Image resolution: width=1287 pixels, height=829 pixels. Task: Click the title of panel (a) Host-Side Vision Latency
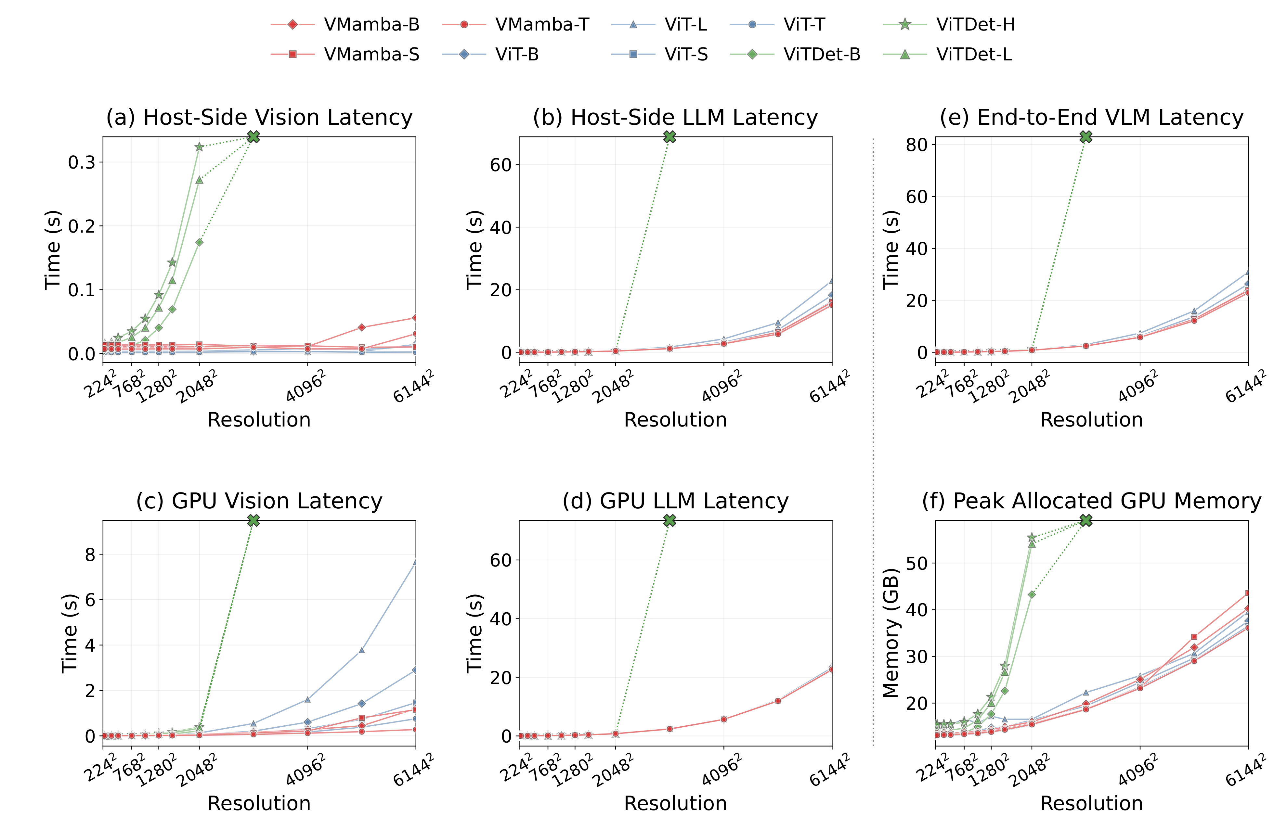point(259,117)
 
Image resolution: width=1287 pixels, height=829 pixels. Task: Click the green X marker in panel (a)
point(253,137)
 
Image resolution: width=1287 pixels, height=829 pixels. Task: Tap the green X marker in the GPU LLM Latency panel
point(669,520)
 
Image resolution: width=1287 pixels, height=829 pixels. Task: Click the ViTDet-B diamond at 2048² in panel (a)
point(199,243)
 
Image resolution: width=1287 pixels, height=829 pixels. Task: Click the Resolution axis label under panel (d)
point(675,803)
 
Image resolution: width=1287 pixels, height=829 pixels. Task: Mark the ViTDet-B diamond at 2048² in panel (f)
point(1032,594)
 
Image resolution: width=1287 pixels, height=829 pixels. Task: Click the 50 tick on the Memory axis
point(916,564)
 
